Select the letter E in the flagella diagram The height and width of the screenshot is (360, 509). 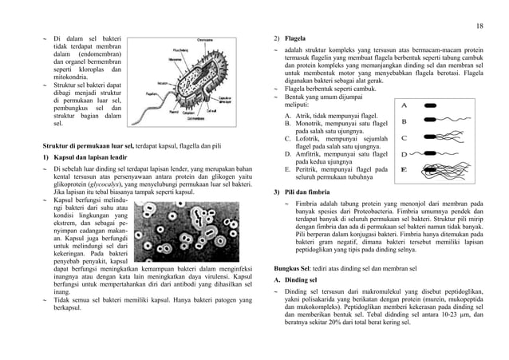coord(404,169)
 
